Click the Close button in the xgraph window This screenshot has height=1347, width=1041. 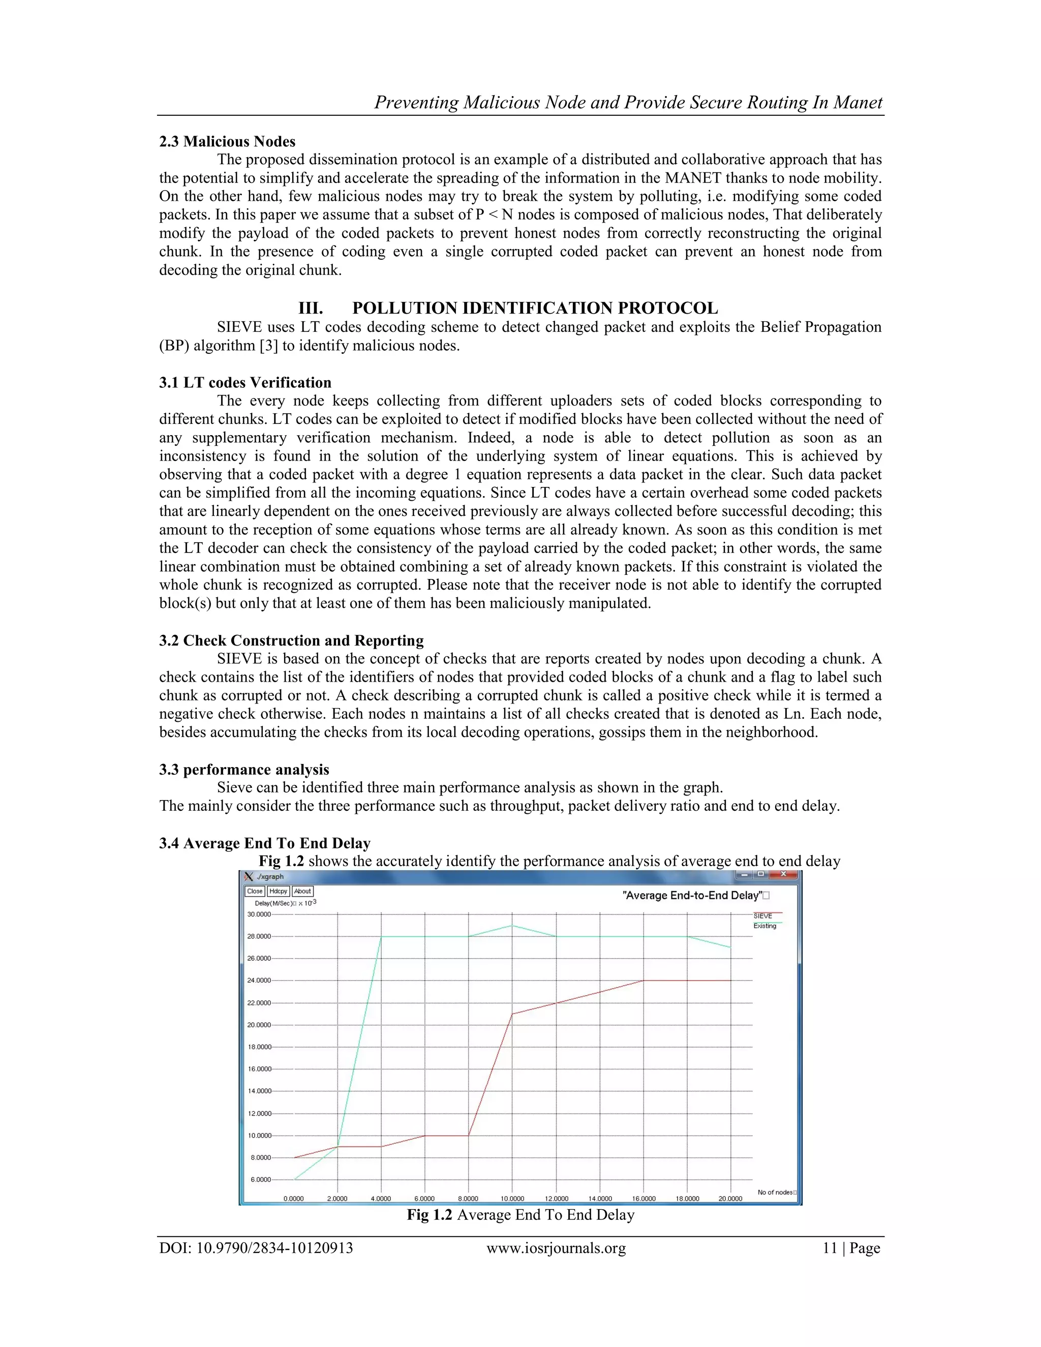coord(255,891)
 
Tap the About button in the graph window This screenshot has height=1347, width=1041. coord(302,891)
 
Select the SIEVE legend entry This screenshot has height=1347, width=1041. coord(763,916)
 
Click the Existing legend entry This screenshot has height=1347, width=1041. coord(764,926)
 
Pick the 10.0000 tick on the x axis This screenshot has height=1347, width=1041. coord(512,1199)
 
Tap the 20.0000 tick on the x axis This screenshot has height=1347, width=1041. coord(730,1199)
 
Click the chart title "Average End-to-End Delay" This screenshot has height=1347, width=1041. coord(693,895)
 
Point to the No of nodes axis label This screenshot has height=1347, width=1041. coord(775,1192)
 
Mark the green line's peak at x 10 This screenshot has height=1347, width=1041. coord(512,925)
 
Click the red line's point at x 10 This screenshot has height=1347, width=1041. coord(512,1014)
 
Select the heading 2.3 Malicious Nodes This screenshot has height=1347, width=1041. coord(227,141)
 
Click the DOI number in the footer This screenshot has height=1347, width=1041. coord(256,1248)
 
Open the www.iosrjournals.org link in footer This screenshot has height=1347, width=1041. coord(556,1248)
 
